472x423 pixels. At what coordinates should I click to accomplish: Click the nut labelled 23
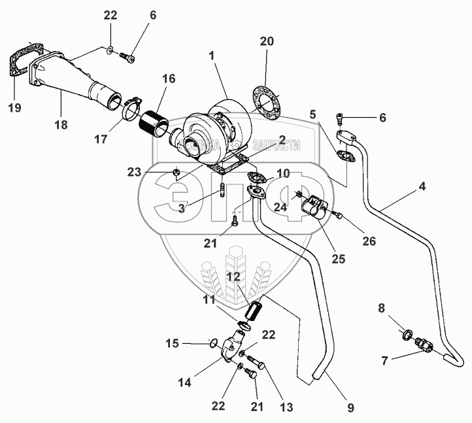(x=177, y=172)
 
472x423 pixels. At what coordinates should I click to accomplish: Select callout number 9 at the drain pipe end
(x=350, y=408)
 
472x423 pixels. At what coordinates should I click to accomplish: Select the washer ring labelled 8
(x=406, y=336)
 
